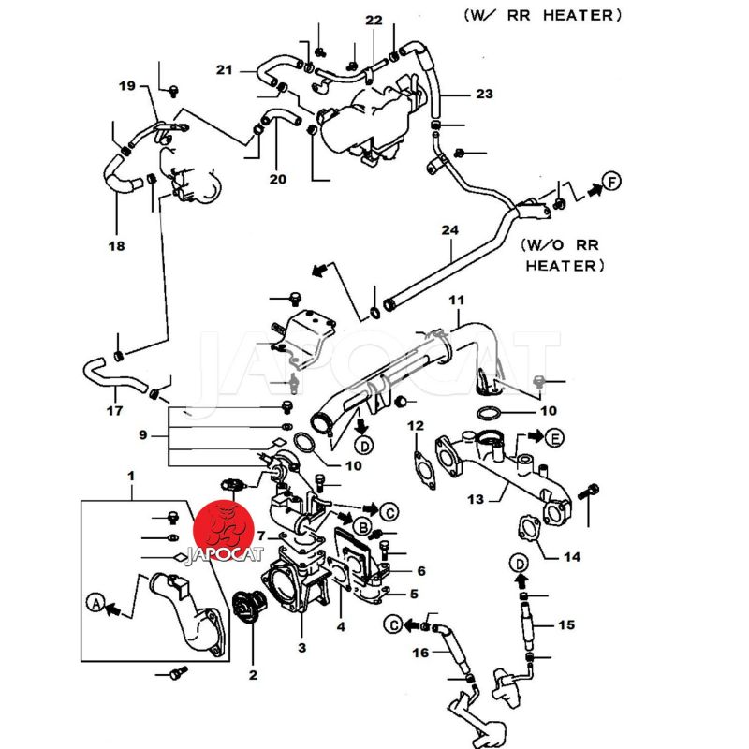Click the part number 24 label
(449, 230)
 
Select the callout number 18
(116, 246)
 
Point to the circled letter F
(610, 181)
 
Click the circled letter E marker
(554, 437)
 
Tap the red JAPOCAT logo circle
(222, 531)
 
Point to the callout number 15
(566, 624)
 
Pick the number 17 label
(114, 410)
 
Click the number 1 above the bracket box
(130, 477)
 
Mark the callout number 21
(223, 69)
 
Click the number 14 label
(571, 556)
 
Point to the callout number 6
(421, 570)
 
